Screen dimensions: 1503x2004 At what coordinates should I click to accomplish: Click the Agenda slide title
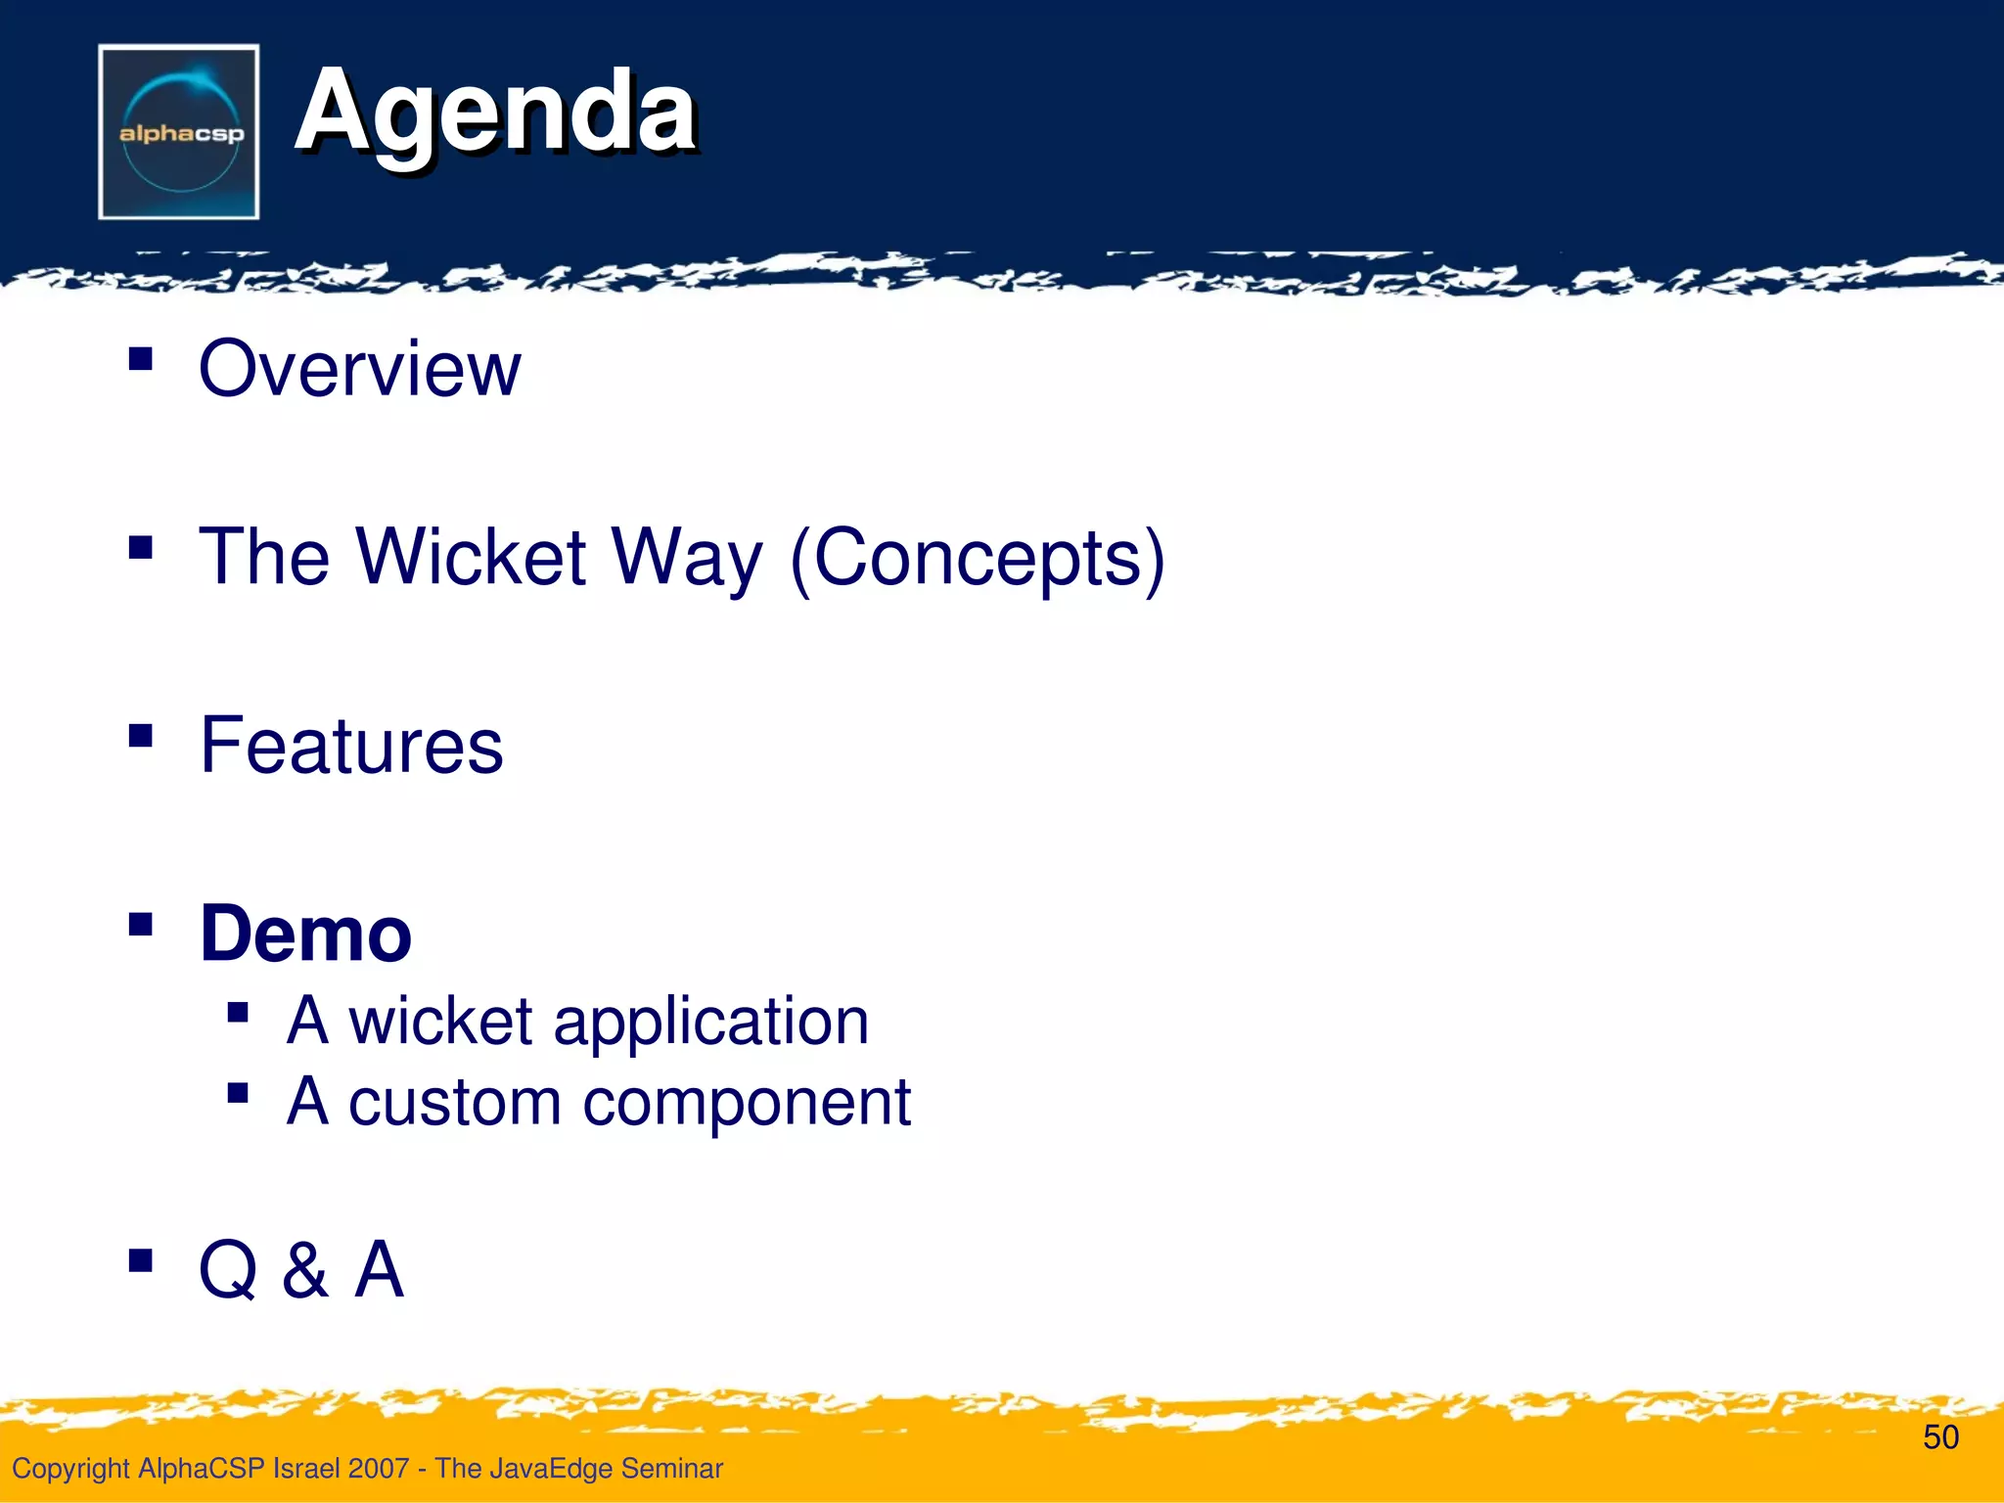(495, 113)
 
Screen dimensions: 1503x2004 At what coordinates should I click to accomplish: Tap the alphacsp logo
(179, 132)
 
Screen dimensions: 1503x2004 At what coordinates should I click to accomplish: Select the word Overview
(359, 369)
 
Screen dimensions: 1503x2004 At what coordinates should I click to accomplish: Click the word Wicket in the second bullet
(471, 557)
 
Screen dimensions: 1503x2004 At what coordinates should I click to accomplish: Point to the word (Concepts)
(977, 557)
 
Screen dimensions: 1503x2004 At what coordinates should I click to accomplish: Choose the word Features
(351, 746)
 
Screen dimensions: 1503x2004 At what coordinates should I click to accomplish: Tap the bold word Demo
(305, 934)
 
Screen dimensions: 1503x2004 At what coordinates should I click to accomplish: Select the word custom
(453, 1103)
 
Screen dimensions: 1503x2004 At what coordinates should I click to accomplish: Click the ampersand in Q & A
(305, 1270)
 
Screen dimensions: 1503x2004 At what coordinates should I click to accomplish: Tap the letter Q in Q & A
(228, 1270)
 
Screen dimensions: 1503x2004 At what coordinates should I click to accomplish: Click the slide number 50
(1940, 1437)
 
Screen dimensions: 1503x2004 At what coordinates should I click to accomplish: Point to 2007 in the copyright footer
(378, 1469)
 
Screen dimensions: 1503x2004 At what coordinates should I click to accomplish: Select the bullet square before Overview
(141, 359)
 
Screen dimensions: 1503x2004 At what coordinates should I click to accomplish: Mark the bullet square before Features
(141, 735)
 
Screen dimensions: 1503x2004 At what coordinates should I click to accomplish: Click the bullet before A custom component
(238, 1092)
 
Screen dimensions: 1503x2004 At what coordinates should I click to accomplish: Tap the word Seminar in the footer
(672, 1469)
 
